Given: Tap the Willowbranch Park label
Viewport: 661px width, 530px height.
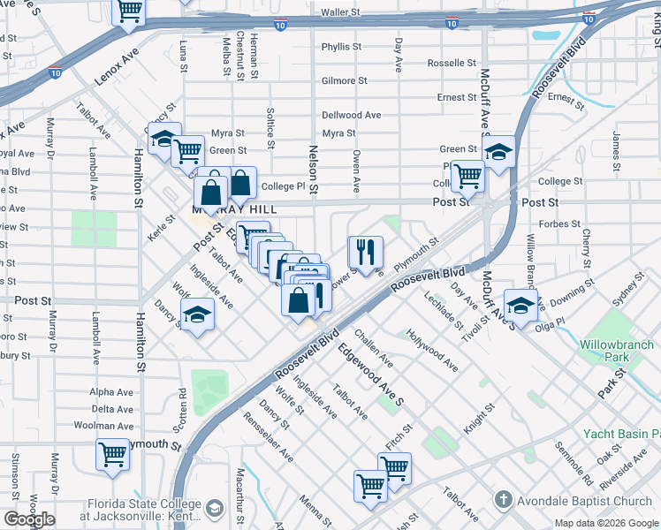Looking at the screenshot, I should point(617,352).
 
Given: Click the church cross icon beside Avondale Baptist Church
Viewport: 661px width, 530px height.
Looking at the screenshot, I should point(502,500).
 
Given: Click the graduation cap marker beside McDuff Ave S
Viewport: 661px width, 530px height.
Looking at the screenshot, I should point(498,153).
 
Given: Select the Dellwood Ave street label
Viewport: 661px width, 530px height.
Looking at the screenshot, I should point(351,115).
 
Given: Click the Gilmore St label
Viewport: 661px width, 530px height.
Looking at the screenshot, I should point(344,80).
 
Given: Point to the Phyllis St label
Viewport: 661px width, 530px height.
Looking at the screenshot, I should point(338,47).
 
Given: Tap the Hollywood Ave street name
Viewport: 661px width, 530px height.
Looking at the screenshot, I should point(432,350).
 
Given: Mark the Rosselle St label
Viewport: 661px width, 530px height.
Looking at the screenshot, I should point(452,64).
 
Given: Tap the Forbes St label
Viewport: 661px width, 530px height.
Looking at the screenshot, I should point(558,224).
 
